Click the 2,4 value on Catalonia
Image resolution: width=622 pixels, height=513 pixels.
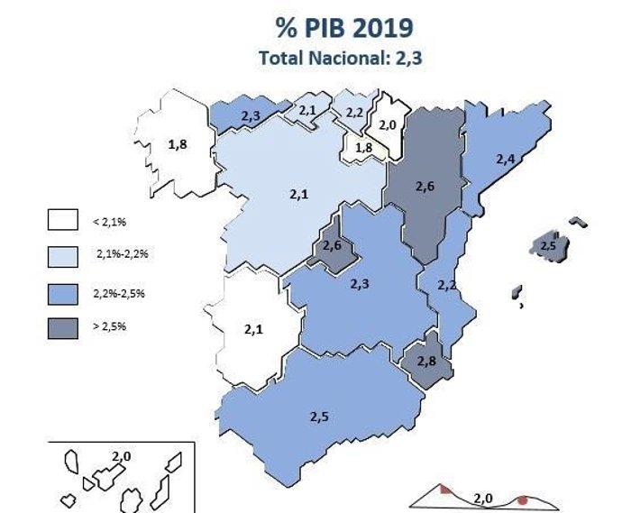[x=507, y=159]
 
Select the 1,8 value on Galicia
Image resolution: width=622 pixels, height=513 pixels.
[x=178, y=143]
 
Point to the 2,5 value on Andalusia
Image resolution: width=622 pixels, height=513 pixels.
[x=320, y=417]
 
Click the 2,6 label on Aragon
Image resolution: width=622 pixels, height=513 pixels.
[x=425, y=187]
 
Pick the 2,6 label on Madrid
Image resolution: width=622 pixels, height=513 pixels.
[x=332, y=246]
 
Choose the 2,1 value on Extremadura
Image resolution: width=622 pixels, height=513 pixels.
[x=253, y=330]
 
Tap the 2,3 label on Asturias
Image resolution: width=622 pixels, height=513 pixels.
[x=252, y=116]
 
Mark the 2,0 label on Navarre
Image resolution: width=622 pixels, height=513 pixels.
[x=389, y=125]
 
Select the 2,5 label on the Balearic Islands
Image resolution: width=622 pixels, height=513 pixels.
[x=546, y=245]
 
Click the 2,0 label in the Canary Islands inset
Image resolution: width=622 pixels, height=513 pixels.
[x=122, y=457]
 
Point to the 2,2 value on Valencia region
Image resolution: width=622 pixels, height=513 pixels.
[x=446, y=285]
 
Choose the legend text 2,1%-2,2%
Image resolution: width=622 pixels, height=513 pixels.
[x=122, y=255]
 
